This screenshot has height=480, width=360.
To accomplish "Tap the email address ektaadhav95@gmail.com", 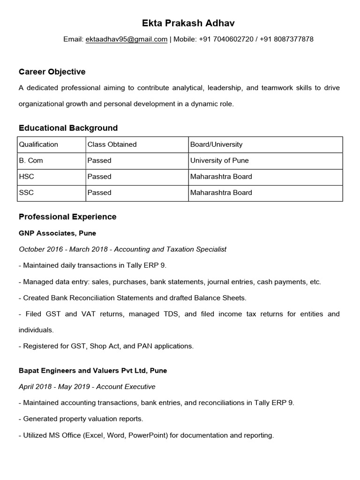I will [126, 39].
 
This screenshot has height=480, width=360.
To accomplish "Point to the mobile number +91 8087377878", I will [284, 39].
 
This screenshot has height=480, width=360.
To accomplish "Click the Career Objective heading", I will [52, 72].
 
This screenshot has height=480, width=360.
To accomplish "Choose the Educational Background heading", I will [68, 128].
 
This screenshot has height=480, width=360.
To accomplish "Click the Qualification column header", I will [38, 144].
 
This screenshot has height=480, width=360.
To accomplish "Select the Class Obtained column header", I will [112, 144].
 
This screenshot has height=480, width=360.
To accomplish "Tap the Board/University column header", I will [216, 144].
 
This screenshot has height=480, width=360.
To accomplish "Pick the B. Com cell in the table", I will [31, 160].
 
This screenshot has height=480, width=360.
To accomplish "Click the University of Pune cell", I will [219, 160].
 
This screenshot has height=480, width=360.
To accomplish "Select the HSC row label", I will [26, 176].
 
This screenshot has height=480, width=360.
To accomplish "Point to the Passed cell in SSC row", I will [99, 192].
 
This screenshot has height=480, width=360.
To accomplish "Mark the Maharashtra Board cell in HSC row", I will [221, 176].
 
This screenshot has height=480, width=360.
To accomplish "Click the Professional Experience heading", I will [67, 217].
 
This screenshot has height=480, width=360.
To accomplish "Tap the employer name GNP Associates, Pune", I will [57, 232].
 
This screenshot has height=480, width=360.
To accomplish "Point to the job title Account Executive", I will [132, 387].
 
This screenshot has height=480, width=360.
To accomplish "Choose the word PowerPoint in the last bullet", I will [149, 435].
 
